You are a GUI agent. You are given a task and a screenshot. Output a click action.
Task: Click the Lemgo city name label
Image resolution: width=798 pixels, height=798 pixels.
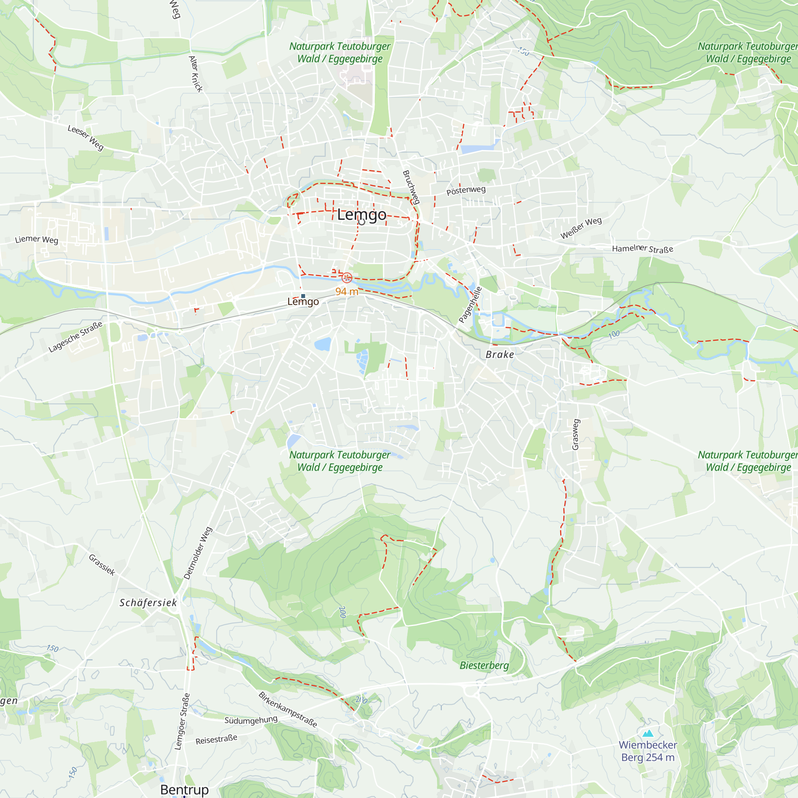click(361, 215)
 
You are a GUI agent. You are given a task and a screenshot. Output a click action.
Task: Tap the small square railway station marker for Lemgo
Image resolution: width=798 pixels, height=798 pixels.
click(303, 296)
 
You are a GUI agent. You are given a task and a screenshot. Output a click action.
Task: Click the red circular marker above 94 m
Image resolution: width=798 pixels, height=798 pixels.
click(347, 278)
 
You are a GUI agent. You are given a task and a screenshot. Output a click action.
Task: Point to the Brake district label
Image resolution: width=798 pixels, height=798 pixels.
click(500, 354)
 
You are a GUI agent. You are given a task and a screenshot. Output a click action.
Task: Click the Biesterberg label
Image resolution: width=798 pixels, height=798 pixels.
click(484, 666)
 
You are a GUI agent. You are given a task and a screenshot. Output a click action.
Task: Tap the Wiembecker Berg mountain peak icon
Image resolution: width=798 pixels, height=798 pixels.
click(648, 733)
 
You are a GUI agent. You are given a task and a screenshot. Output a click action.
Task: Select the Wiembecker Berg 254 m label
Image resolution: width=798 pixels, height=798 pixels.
click(648, 751)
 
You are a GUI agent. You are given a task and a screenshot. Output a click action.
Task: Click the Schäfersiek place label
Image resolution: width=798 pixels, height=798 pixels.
click(148, 602)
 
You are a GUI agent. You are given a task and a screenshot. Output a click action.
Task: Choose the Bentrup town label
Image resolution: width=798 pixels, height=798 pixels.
click(184, 789)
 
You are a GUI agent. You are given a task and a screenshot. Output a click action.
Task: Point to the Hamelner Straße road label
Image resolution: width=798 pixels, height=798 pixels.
click(643, 249)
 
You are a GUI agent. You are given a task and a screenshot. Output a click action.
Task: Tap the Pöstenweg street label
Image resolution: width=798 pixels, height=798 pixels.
click(466, 190)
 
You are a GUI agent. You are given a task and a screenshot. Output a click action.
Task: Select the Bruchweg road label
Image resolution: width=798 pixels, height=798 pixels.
click(411, 187)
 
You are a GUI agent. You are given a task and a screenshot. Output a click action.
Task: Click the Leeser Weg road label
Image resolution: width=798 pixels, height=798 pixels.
click(85, 138)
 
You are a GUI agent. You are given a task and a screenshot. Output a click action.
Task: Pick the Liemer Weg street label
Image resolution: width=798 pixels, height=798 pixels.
click(36, 239)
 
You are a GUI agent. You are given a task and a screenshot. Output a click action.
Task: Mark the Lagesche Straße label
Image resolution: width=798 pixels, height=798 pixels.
click(75, 337)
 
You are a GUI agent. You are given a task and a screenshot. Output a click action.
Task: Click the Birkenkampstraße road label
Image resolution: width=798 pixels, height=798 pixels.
click(288, 709)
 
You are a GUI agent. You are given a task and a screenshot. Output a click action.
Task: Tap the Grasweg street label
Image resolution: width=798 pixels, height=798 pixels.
click(576, 435)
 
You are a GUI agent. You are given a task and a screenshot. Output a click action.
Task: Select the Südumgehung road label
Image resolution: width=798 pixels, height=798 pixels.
click(251, 720)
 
